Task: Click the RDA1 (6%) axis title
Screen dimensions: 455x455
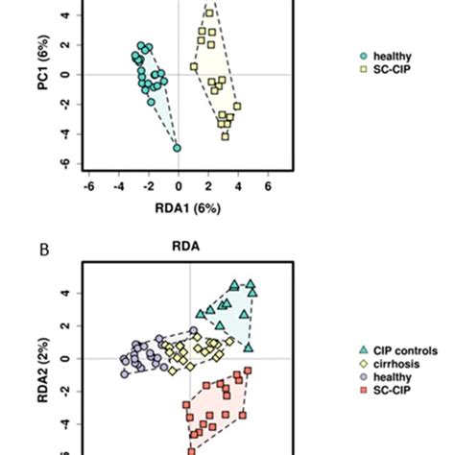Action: (180, 205)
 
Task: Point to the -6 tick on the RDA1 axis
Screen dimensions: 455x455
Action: (89, 185)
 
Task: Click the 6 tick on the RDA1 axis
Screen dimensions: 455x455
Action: (267, 185)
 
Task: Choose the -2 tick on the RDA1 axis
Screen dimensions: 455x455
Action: (149, 185)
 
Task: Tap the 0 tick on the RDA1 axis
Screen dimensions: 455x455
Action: (179, 185)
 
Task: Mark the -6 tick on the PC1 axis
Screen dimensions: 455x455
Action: (63, 163)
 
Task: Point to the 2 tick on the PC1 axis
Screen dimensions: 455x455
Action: (65, 45)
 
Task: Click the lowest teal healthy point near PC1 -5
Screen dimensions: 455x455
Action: (178, 148)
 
